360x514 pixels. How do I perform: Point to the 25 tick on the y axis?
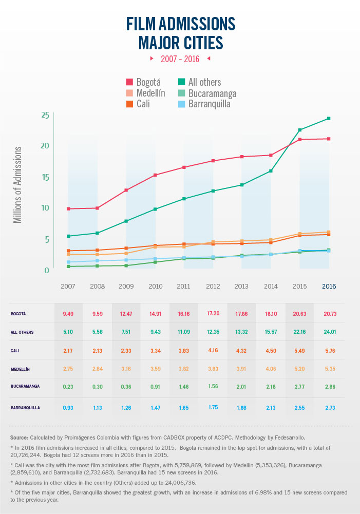click(45, 115)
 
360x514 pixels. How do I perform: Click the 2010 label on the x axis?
click(155, 286)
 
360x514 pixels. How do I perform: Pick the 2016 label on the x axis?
click(329, 286)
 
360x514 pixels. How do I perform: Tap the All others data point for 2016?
click(329, 119)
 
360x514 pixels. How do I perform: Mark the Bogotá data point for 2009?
click(126, 190)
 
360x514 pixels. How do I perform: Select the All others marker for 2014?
click(271, 171)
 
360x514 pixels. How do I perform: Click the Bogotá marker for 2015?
click(300, 140)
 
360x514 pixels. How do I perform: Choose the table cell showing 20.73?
click(329, 313)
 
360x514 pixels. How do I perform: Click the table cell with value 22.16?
click(300, 332)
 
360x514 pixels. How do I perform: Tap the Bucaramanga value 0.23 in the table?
click(68, 388)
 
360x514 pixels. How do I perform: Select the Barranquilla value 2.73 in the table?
click(329, 407)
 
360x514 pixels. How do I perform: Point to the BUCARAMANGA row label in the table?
click(25, 388)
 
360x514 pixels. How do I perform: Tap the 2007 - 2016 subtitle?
click(180, 59)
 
